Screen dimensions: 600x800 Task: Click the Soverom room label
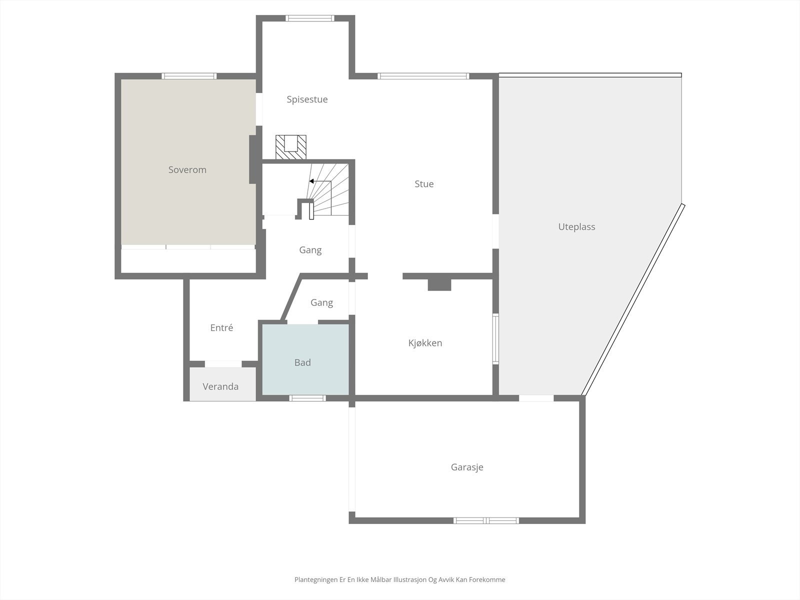tap(187, 170)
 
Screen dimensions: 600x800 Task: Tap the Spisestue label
tap(307, 99)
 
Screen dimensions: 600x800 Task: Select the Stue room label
tap(424, 184)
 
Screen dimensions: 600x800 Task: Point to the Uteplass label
tap(576, 227)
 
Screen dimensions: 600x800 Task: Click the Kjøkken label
tap(425, 343)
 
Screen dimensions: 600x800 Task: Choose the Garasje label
tap(467, 467)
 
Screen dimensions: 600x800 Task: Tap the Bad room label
tap(302, 363)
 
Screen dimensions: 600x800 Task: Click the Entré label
tap(221, 328)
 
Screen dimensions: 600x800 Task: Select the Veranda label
tap(220, 386)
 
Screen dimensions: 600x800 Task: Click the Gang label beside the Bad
tap(321, 302)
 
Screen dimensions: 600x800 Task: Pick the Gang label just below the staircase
tap(310, 250)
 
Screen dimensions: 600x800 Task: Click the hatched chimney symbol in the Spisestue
tap(291, 147)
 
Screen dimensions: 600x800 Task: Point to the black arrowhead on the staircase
tap(311, 181)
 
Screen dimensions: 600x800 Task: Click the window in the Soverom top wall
tap(189, 76)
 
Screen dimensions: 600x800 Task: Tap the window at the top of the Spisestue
tap(309, 18)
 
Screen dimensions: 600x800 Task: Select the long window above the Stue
tap(423, 76)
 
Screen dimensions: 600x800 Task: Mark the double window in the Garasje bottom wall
tap(486, 520)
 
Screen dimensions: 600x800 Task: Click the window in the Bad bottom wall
tap(307, 398)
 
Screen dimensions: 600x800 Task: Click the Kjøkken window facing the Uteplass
tap(495, 338)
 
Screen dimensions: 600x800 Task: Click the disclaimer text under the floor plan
tap(399, 580)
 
